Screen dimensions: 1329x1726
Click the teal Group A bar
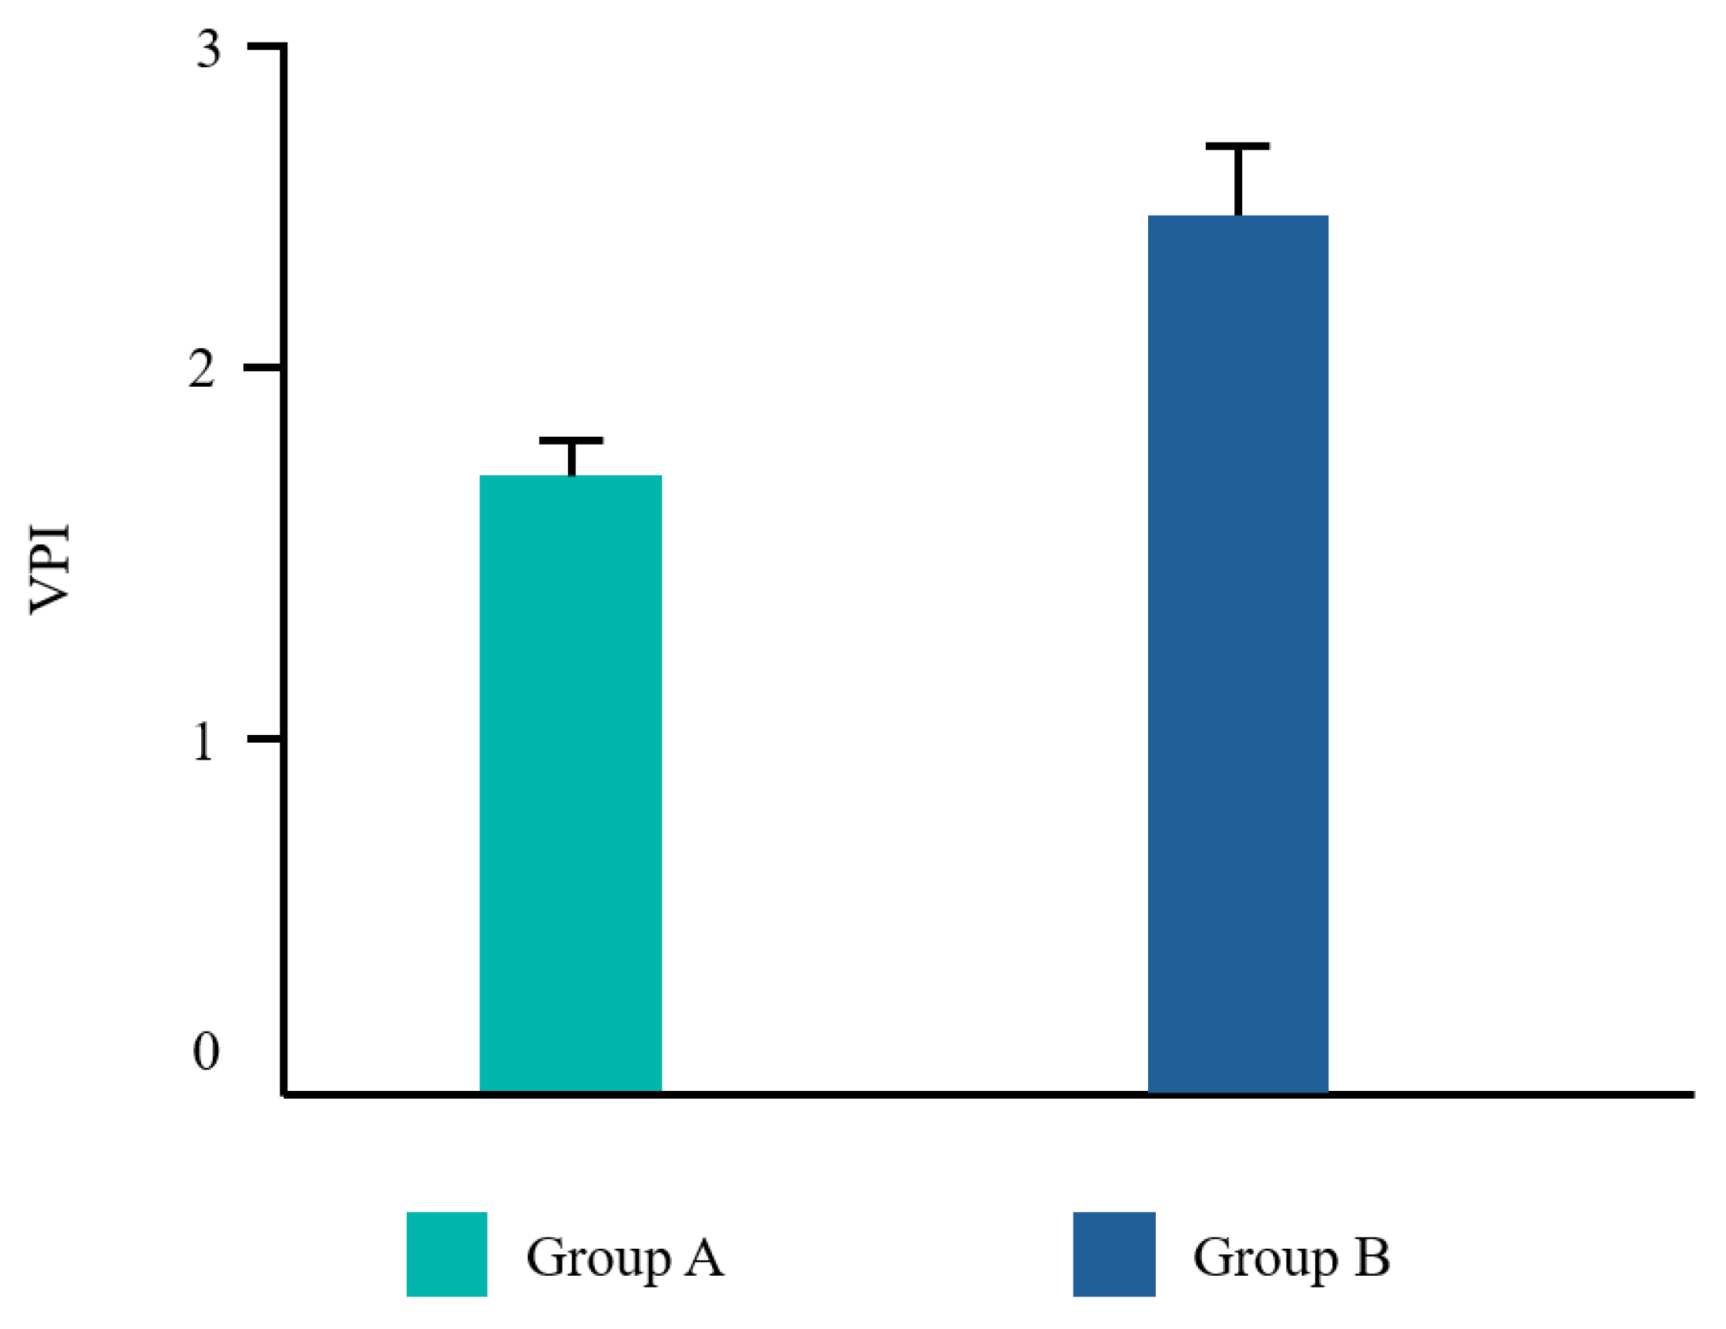point(571,782)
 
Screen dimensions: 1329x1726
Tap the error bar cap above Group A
point(572,440)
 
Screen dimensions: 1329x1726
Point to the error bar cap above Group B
point(1237,146)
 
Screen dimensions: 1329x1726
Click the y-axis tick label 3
point(209,49)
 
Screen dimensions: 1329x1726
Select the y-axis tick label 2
point(202,368)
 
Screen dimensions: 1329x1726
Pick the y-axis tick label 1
point(203,741)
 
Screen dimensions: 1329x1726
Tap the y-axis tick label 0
point(207,1051)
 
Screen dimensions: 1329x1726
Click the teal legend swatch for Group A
point(446,1254)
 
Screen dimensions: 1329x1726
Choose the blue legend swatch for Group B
point(1113,1254)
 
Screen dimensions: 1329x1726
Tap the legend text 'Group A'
point(624,1257)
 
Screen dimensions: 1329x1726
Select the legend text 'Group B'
point(1291,1257)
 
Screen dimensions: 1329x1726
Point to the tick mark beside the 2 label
point(264,367)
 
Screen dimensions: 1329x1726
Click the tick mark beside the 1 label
point(266,739)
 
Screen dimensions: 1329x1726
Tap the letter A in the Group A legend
point(703,1256)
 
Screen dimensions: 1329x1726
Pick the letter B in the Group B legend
point(1372,1256)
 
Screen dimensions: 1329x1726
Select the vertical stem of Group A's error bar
point(572,458)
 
